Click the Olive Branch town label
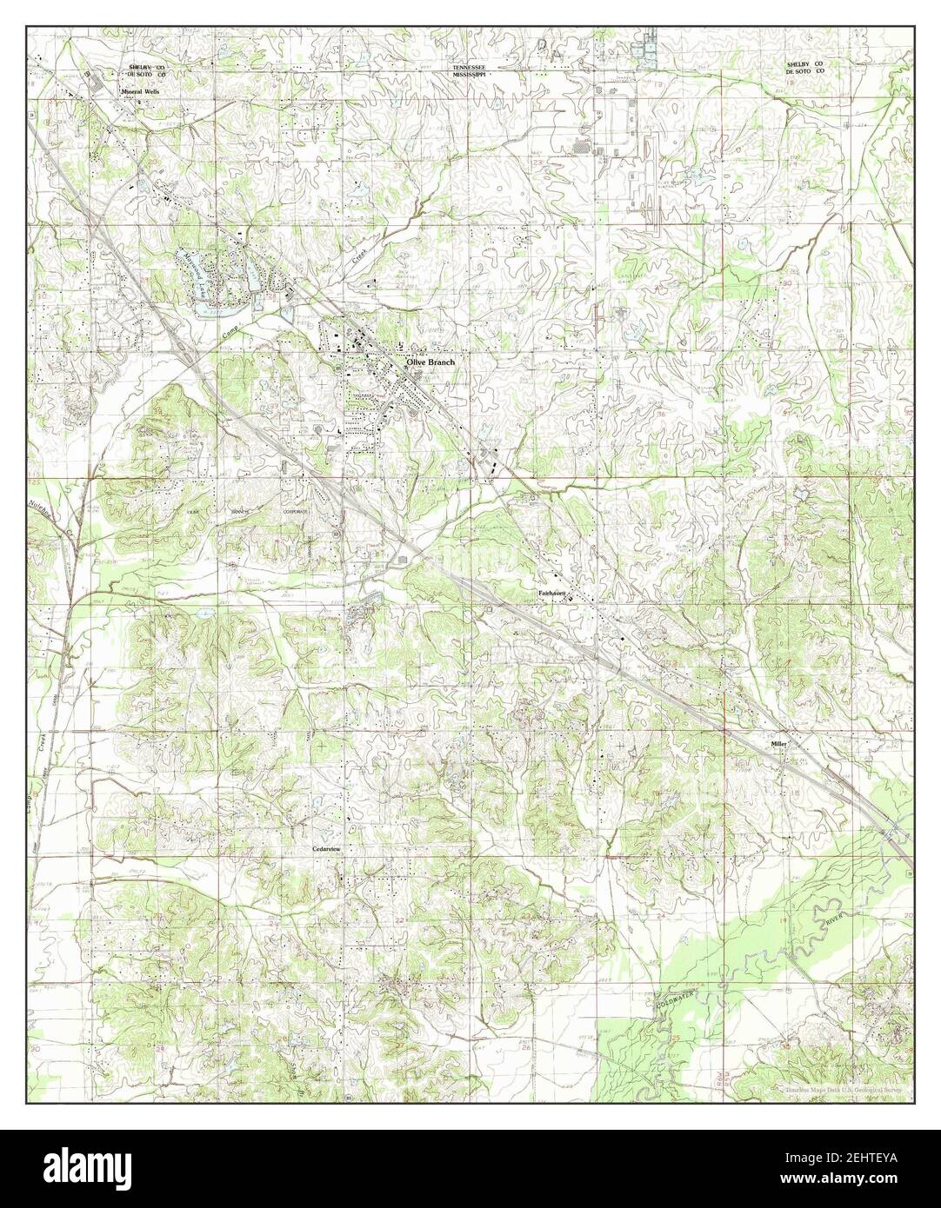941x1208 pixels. [430, 362]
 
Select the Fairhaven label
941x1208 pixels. [551, 594]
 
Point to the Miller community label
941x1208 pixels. [777, 745]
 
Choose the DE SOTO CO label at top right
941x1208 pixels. [804, 74]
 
